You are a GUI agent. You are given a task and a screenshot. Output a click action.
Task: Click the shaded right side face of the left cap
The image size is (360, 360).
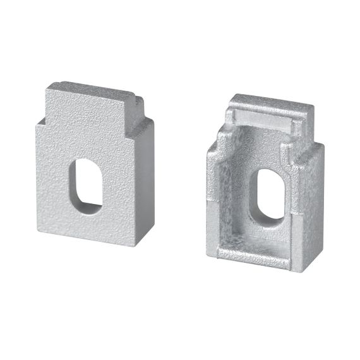click(145, 189)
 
